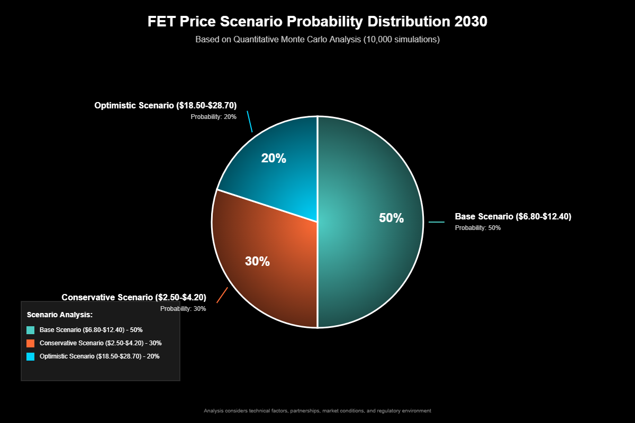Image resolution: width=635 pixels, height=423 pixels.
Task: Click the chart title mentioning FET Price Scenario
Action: tap(317, 22)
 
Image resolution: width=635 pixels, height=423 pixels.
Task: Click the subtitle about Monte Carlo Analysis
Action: tap(317, 39)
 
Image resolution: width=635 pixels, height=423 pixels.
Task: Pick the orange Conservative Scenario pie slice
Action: tap(265, 286)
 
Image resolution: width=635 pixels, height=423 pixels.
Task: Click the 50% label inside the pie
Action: tap(391, 218)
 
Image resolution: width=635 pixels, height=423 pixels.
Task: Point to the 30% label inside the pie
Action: tap(257, 261)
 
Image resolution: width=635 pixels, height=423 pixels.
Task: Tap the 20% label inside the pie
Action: tap(274, 158)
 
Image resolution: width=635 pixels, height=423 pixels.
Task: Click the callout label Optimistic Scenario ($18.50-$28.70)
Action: tap(165, 106)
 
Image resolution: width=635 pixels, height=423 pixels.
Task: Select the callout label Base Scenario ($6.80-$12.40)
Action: tap(513, 216)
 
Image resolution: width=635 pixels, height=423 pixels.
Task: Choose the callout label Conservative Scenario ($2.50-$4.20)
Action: tap(134, 297)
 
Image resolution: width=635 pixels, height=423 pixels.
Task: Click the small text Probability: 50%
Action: tap(478, 228)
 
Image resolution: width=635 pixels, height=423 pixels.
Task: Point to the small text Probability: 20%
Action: tap(214, 117)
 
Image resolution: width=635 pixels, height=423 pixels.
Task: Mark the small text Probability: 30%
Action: tap(183, 309)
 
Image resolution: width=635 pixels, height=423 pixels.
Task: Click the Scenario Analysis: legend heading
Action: tap(60, 315)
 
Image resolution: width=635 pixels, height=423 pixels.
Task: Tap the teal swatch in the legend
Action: tap(31, 330)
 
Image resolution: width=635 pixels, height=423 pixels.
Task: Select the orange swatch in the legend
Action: tap(31, 343)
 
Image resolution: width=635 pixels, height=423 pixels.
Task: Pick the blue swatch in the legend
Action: tap(31, 356)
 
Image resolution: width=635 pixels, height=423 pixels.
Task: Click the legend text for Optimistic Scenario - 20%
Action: tap(99, 356)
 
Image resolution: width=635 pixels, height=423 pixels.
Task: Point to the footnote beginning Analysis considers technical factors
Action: tap(317, 410)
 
